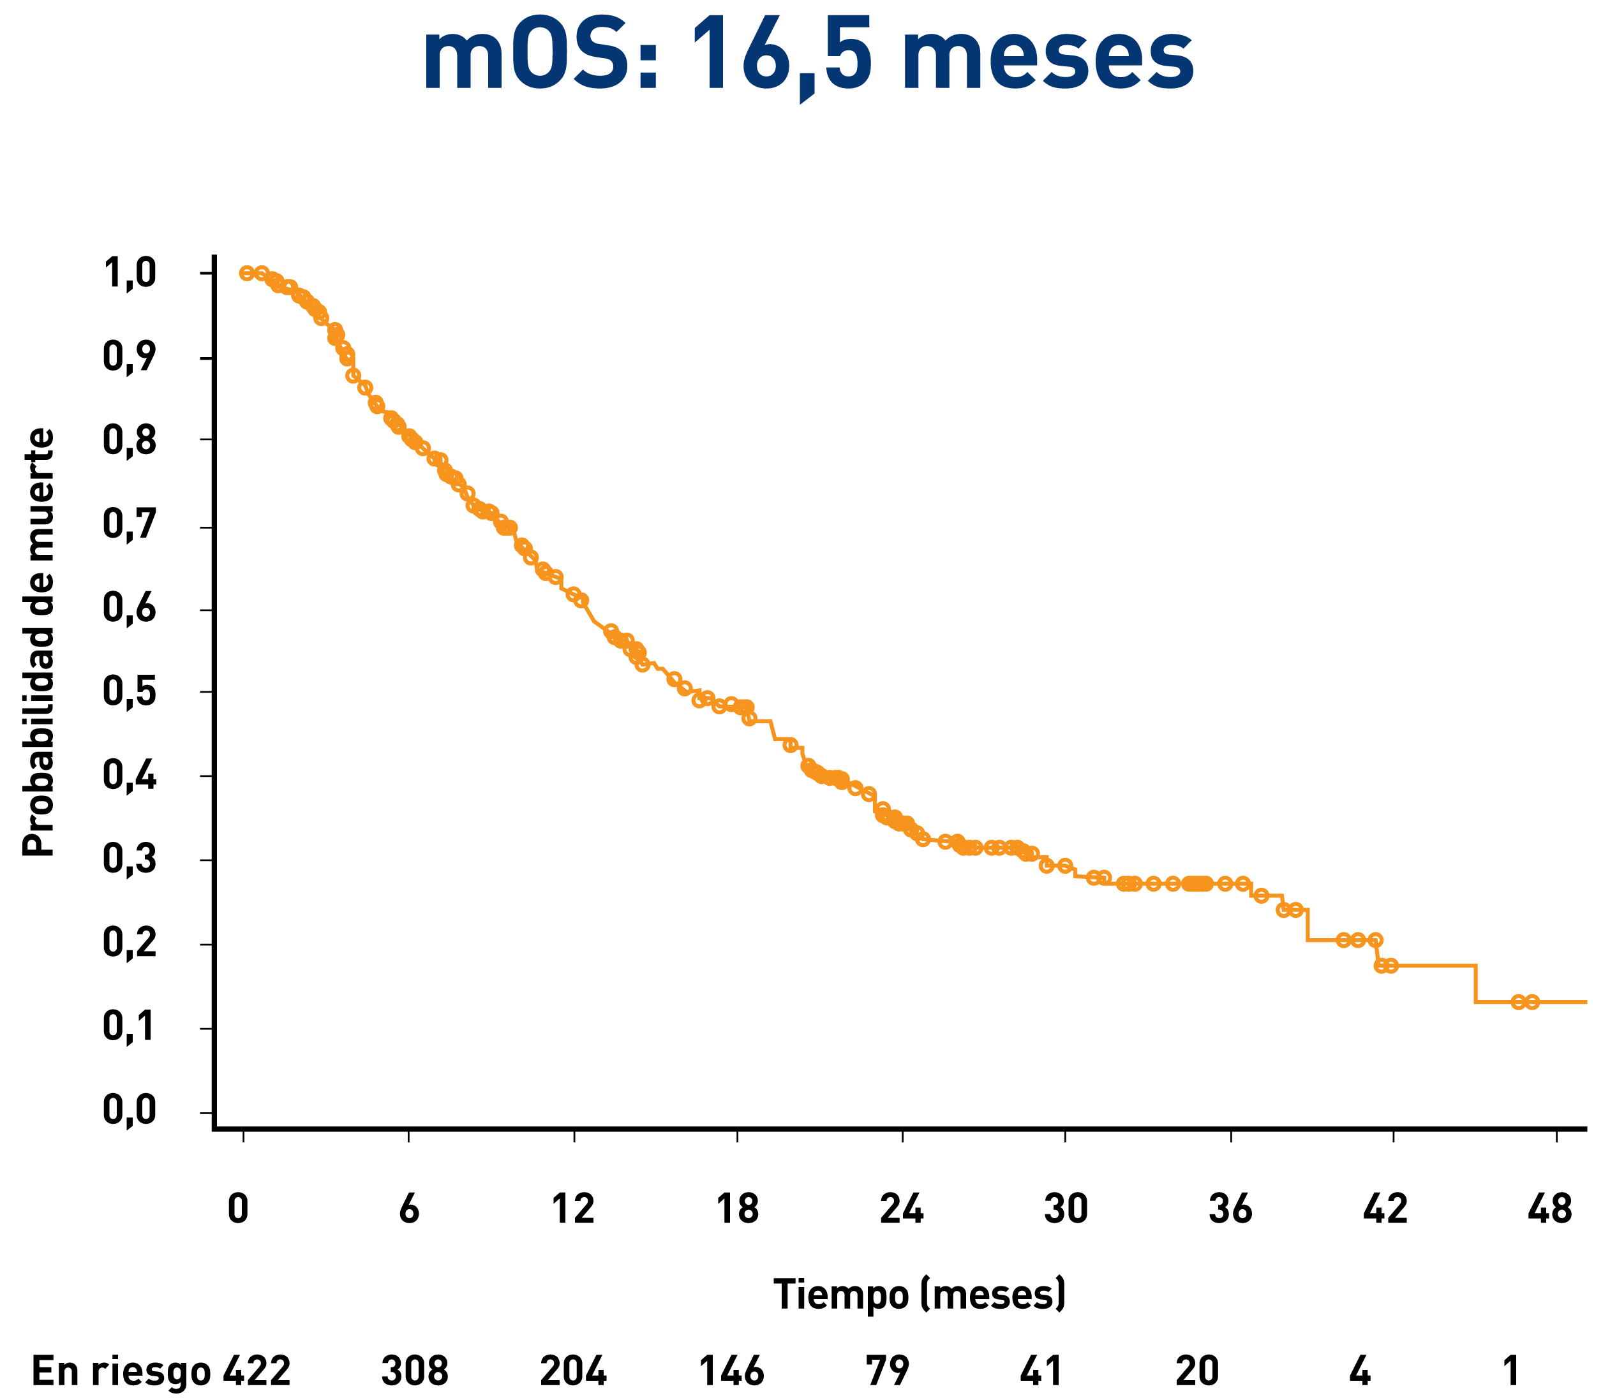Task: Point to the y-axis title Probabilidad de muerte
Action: pyautogui.click(x=39, y=641)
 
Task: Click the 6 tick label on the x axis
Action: pyautogui.click(x=409, y=1209)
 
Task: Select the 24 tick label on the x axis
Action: pyautogui.click(x=902, y=1209)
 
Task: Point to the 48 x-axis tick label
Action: pyautogui.click(x=1550, y=1209)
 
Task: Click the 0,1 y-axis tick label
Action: pyautogui.click(x=130, y=1027)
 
